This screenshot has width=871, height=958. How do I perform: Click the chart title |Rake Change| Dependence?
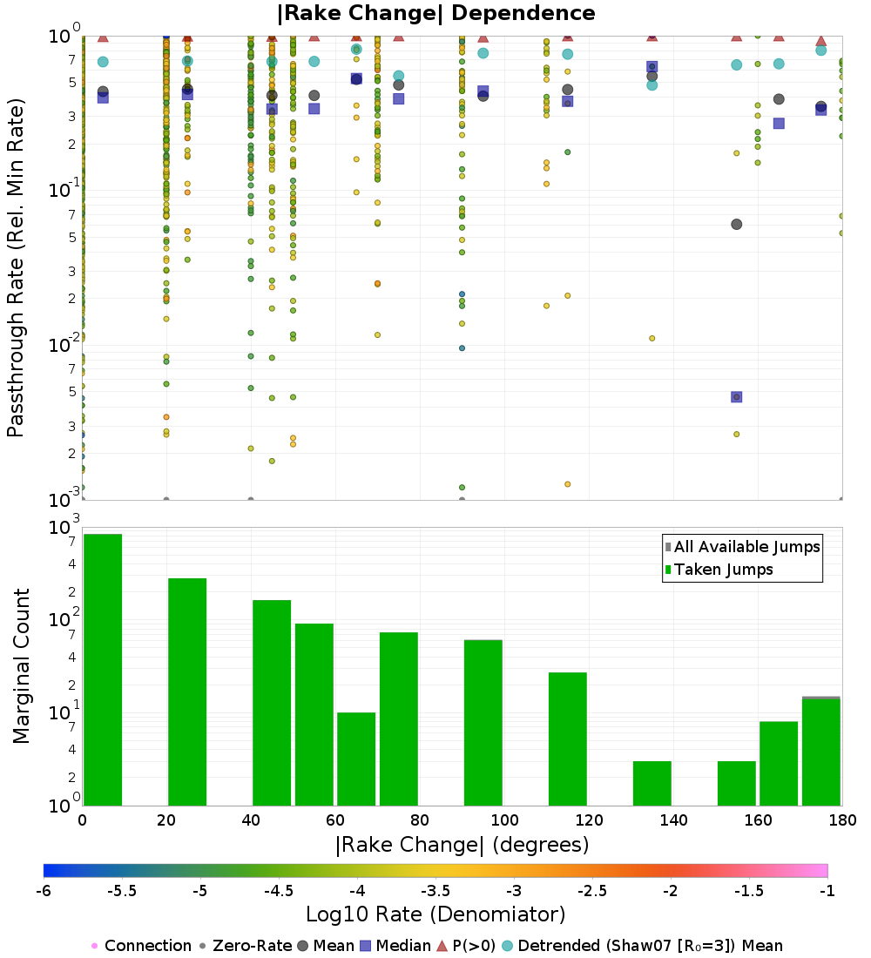pyautogui.click(x=435, y=14)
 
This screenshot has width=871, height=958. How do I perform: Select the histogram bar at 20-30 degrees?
pyautogui.click(x=187, y=692)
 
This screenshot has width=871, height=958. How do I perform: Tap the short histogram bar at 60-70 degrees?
pyautogui.click(x=356, y=759)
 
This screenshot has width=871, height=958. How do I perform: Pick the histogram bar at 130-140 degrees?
pyautogui.click(x=652, y=783)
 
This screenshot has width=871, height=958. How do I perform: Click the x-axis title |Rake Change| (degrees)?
pyautogui.click(x=462, y=845)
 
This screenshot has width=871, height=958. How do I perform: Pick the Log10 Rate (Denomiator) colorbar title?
pyautogui.click(x=435, y=914)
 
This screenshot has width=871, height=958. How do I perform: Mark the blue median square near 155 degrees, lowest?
pyautogui.click(x=736, y=397)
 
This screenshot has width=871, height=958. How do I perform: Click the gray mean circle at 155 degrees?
pyautogui.click(x=736, y=224)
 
